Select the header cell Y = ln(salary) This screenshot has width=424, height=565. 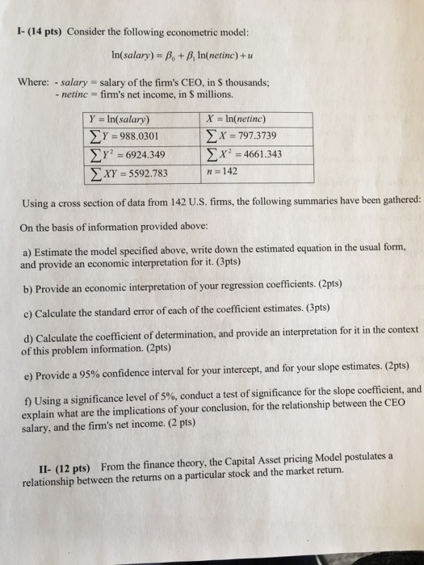click(127, 118)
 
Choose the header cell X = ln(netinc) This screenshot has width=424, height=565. click(243, 117)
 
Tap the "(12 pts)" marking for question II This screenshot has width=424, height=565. click(73, 468)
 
